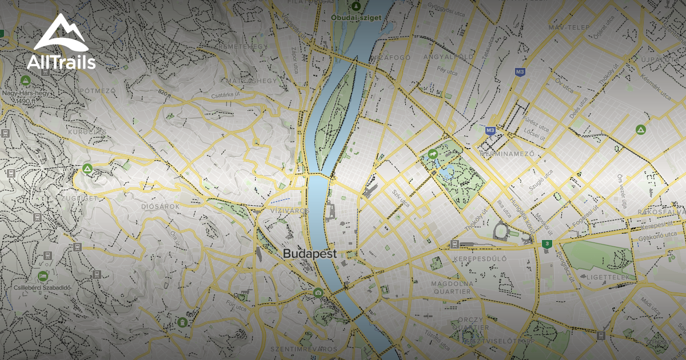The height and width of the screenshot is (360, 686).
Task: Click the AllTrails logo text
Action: tap(62, 62)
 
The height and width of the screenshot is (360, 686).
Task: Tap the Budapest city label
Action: tap(310, 254)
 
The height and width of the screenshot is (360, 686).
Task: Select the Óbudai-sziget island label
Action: tap(356, 18)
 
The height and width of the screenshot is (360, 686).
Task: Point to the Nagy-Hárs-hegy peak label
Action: tap(25, 93)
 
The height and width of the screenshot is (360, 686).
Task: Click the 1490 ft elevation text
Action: tap(26, 101)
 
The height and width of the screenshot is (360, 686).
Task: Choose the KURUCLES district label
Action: tap(87, 132)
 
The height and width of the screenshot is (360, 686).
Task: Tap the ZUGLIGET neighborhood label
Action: tap(77, 198)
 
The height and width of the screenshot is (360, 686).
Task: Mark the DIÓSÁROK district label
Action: tap(160, 206)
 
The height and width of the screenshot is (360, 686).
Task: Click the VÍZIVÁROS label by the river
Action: tap(290, 211)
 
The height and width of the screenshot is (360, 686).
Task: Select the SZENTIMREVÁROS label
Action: tap(297, 349)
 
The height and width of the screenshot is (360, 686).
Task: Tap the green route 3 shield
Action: tap(547, 244)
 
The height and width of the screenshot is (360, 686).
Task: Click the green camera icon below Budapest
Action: tap(318, 293)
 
